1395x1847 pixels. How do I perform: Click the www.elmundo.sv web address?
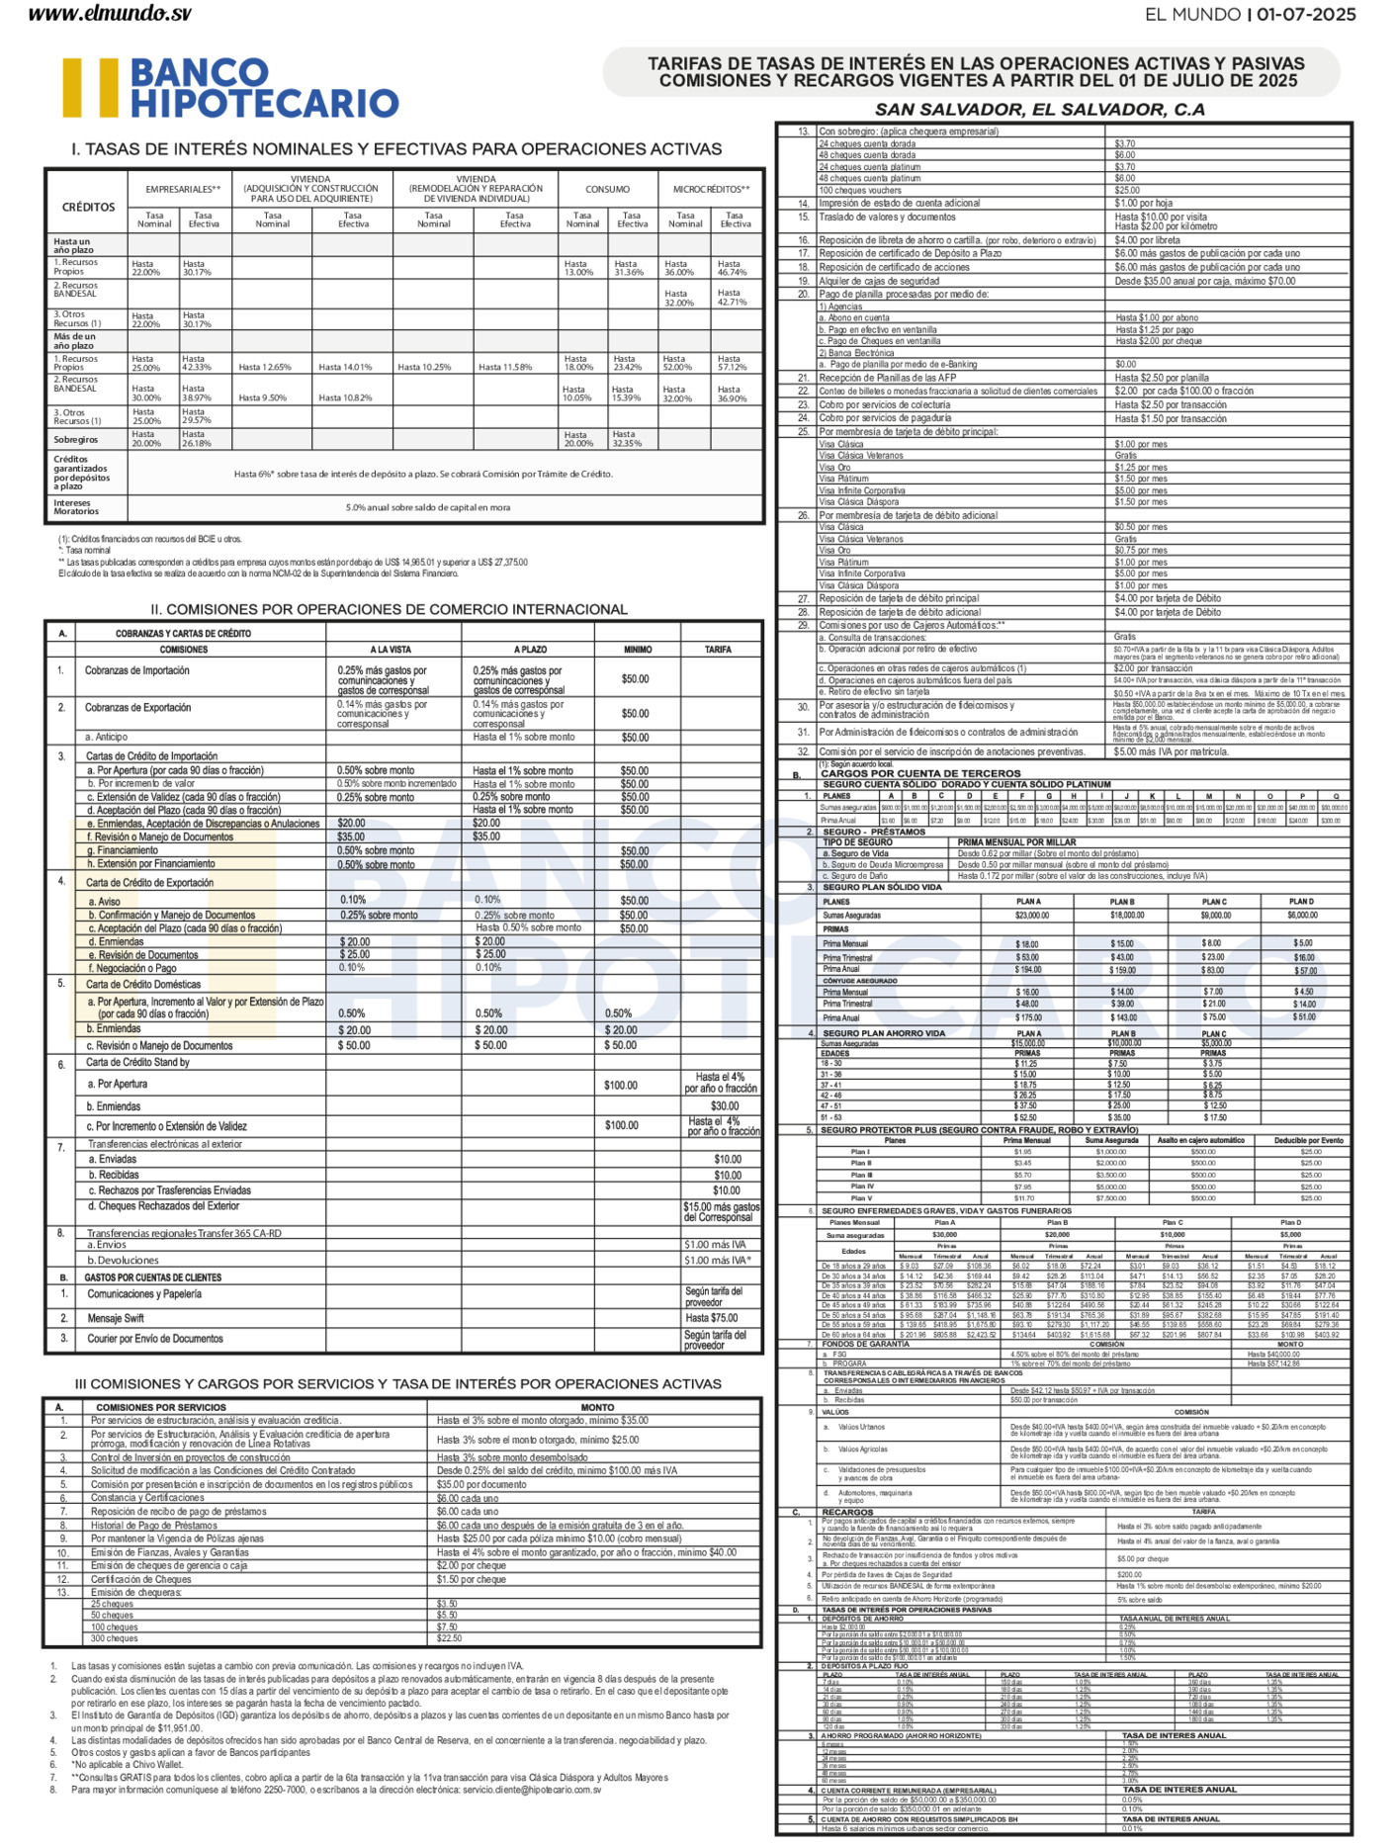(x=111, y=14)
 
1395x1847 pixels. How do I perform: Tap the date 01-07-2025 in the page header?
(x=1305, y=14)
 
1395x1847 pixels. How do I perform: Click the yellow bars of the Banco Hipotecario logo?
(x=90, y=88)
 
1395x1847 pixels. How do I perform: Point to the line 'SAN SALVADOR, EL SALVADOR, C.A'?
(x=1039, y=110)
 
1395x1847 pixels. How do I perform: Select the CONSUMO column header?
(x=607, y=189)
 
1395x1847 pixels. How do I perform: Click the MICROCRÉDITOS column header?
(x=710, y=189)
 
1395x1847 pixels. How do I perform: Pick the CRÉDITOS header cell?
(x=88, y=208)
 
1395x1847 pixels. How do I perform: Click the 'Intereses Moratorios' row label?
(x=76, y=507)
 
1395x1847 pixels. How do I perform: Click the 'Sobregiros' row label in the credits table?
(x=76, y=439)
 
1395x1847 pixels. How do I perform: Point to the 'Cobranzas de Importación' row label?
(x=136, y=670)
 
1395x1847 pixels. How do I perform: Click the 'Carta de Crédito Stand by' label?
(x=137, y=1063)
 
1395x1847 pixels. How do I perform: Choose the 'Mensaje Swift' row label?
(x=116, y=1318)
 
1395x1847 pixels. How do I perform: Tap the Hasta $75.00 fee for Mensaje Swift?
(x=712, y=1318)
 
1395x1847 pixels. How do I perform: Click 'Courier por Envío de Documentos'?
(x=155, y=1339)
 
